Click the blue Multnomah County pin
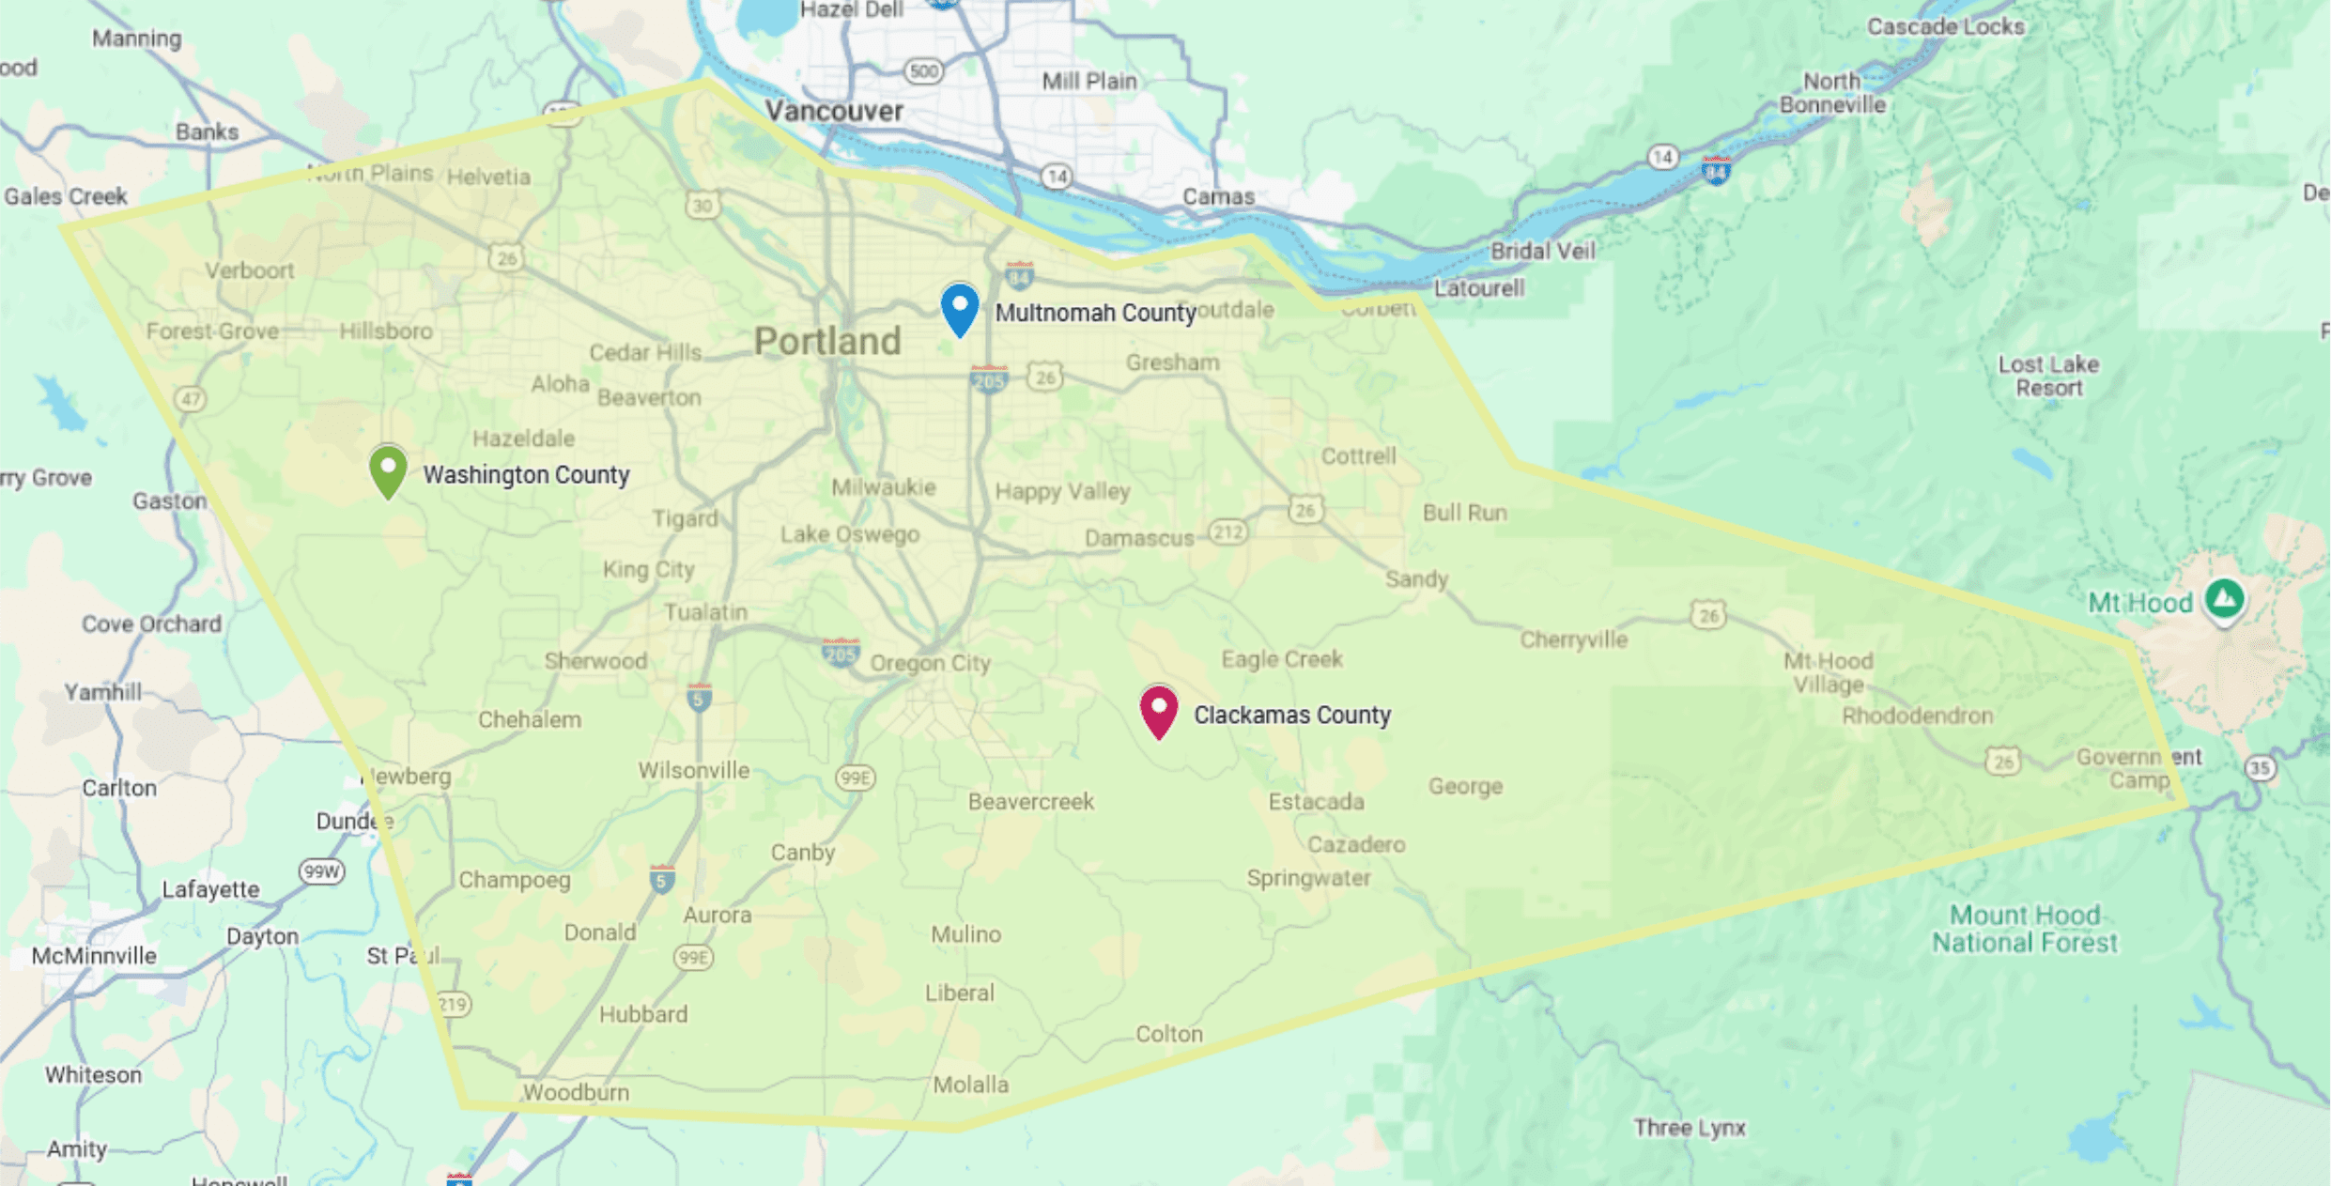click(x=960, y=307)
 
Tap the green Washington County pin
click(x=388, y=469)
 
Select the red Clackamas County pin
click(x=1159, y=710)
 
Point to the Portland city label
click(x=827, y=341)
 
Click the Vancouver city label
click(x=834, y=111)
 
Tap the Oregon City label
click(x=930, y=663)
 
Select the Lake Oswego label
click(x=850, y=534)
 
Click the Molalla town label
click(x=970, y=1085)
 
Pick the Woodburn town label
click(x=576, y=1092)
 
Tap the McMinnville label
click(x=94, y=956)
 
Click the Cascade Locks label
click(x=1945, y=26)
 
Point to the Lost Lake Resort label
click(x=2048, y=376)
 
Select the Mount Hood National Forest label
click(x=2025, y=929)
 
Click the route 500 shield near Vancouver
click(x=924, y=71)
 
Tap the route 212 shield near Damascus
click(x=1227, y=532)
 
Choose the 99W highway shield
click(x=321, y=871)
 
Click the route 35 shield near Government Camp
click(x=2260, y=768)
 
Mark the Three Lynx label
click(x=1689, y=1128)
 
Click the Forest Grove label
click(x=212, y=331)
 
